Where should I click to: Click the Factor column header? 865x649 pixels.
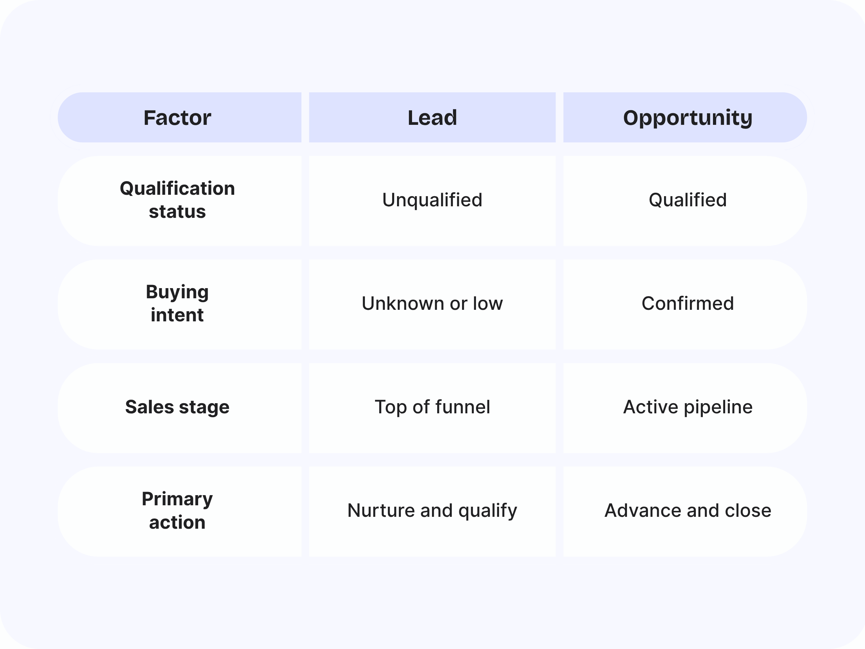point(177,118)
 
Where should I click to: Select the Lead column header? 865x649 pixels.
point(432,118)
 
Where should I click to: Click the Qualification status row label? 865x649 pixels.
point(177,200)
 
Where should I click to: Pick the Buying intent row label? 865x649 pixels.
point(177,304)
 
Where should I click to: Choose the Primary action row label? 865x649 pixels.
point(177,511)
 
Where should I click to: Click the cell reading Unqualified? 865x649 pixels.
point(432,200)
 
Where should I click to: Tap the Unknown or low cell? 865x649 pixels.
point(432,304)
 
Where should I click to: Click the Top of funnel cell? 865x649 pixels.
point(432,407)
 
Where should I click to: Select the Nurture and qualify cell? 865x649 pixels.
point(432,511)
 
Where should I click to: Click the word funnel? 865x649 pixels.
point(462,407)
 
